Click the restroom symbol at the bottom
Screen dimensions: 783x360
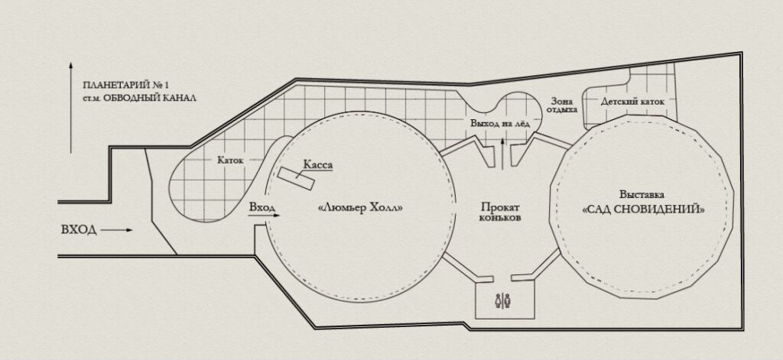click(x=502, y=300)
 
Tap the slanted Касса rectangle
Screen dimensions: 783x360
click(x=296, y=179)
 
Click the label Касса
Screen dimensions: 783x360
click(x=317, y=165)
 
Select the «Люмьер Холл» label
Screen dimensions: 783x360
click(x=359, y=207)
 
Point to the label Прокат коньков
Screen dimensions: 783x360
click(x=501, y=212)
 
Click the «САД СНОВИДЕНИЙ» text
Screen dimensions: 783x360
click(x=644, y=209)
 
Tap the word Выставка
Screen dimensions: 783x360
click(x=642, y=195)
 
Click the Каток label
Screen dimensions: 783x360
click(x=230, y=161)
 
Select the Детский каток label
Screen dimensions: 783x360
click(x=632, y=102)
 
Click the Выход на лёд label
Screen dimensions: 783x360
click(x=499, y=123)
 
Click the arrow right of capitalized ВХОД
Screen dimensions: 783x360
click(x=117, y=230)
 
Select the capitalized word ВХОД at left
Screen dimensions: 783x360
click(x=79, y=230)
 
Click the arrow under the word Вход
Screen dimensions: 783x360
click(x=264, y=216)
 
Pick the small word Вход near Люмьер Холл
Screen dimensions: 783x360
click(x=262, y=207)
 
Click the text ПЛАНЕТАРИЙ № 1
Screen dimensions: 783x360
click(x=126, y=85)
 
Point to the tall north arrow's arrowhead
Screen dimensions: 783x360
click(x=71, y=66)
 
